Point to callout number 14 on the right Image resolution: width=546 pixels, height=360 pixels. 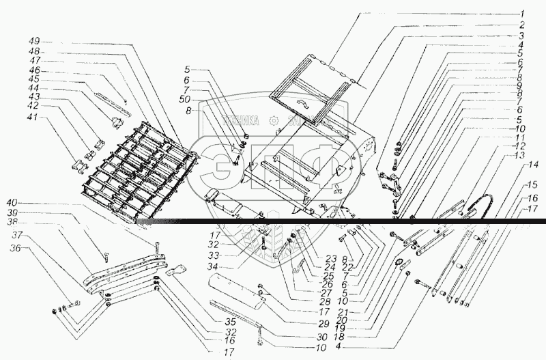[534, 165]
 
